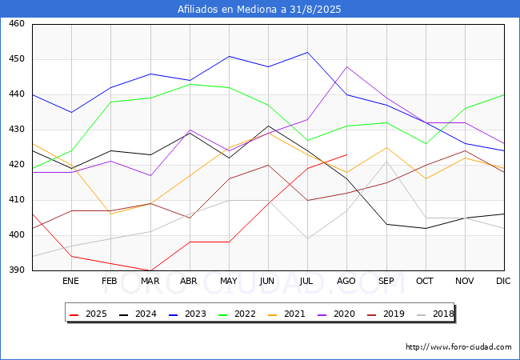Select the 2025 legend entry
point(88,314)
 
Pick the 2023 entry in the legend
point(187,314)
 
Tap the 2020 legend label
point(344,314)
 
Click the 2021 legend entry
point(286,314)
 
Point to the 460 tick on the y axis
point(17,24)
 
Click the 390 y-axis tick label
point(17,270)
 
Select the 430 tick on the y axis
point(17,130)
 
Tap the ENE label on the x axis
point(70,281)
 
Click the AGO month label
point(346,281)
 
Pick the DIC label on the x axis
point(503,281)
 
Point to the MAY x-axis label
point(229,281)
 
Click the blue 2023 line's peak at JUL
point(308,52)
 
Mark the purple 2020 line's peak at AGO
point(347,66)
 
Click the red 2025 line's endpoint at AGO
point(347,154)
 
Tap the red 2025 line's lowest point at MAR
point(151,270)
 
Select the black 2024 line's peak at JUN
point(268,126)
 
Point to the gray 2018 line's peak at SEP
point(386,161)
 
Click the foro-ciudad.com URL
point(458,347)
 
